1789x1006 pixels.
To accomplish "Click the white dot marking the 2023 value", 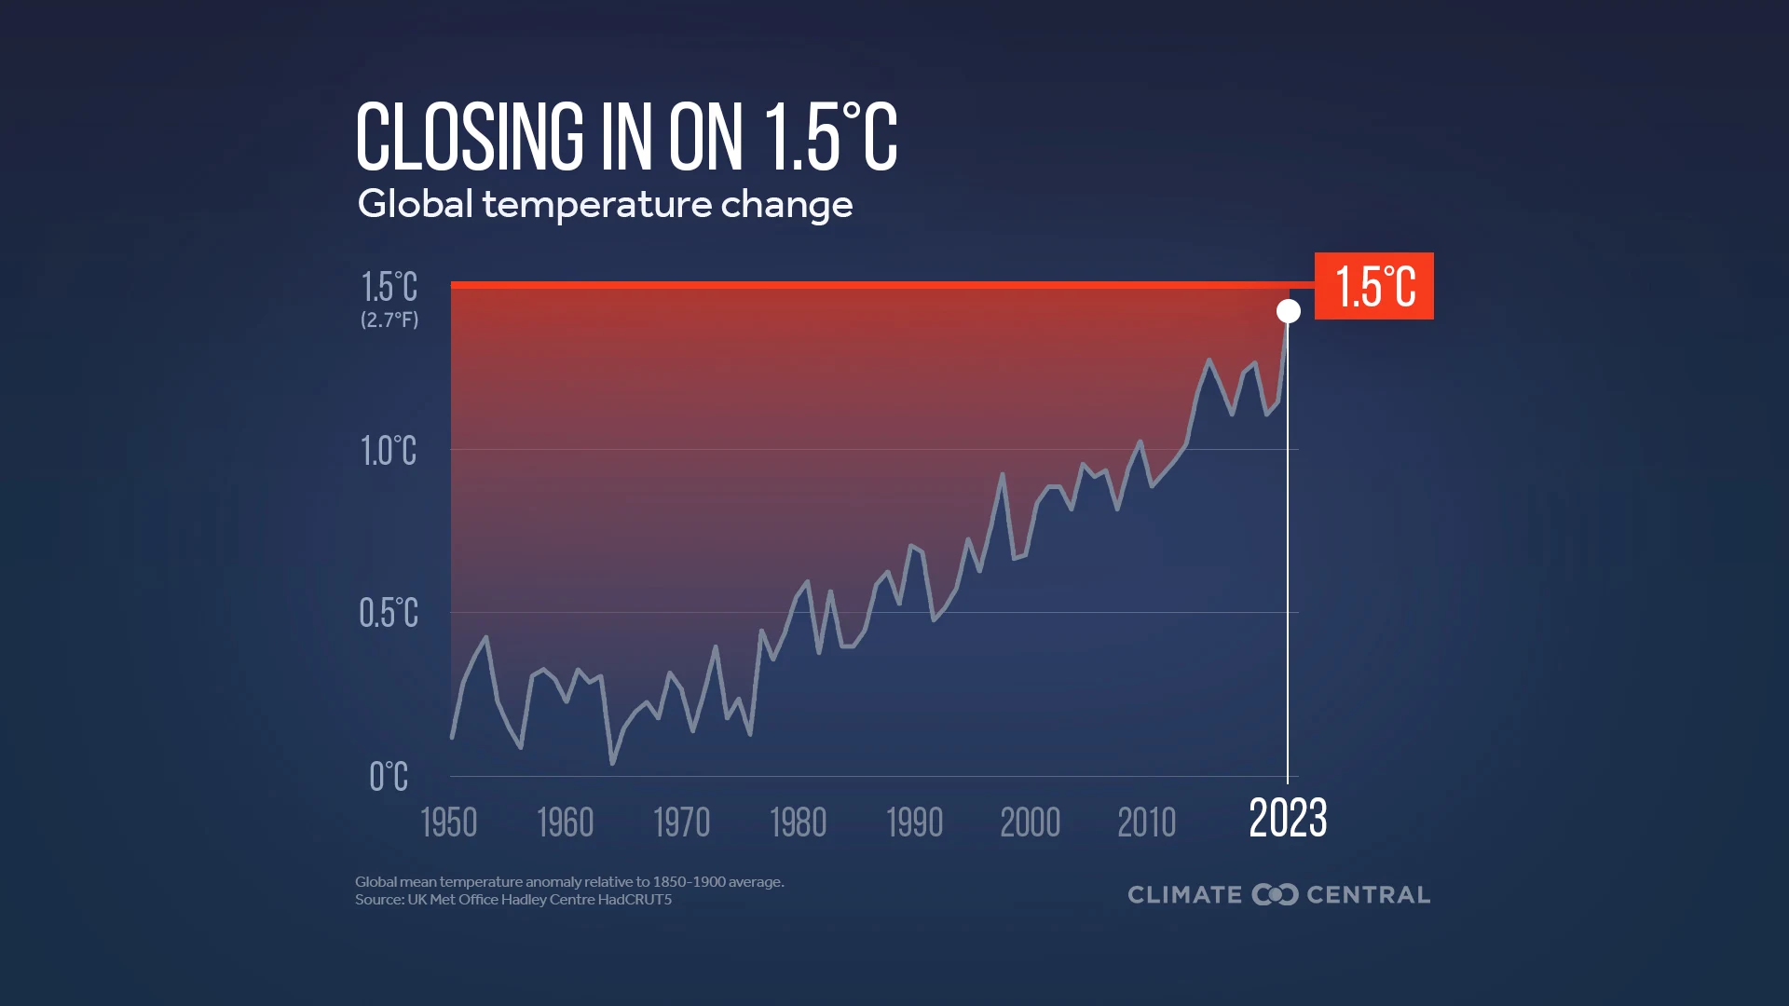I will point(1288,311).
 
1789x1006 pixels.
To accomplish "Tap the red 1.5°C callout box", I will point(1373,286).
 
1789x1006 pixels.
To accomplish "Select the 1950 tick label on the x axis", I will point(448,822).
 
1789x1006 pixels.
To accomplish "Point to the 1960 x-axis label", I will point(565,822).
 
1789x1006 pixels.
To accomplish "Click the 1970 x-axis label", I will point(681,822).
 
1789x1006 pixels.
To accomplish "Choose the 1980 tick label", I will point(798,822).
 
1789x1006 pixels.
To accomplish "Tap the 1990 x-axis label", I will point(914,822).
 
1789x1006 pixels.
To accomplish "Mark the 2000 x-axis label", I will point(1030,822).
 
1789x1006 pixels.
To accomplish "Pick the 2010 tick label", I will point(1146,822).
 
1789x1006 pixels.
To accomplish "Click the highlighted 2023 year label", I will point(1288,819).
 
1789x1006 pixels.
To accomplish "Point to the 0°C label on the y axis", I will point(389,776).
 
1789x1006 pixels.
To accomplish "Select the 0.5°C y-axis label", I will point(389,613).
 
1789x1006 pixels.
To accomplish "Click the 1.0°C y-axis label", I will point(389,451).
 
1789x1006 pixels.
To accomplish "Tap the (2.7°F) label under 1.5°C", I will point(389,319).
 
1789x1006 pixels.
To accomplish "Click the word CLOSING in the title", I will point(470,137).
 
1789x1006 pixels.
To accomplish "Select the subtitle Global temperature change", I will point(605,204).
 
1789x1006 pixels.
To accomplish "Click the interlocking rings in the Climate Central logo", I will point(1275,894).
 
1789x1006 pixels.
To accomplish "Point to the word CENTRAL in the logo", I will point(1368,894).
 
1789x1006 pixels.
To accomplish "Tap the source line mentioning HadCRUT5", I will point(512,900).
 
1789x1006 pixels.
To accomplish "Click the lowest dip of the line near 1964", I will point(612,763).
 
